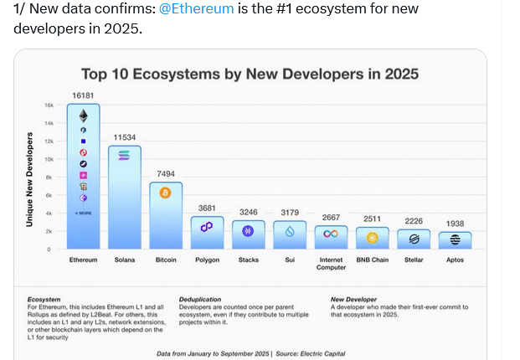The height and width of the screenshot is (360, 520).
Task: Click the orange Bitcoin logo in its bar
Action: pyautogui.click(x=165, y=193)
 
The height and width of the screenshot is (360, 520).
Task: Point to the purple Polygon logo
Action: pyautogui.click(x=206, y=226)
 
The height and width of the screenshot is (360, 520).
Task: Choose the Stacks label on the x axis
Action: pyautogui.click(x=247, y=260)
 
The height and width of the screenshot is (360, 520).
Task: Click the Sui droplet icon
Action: pyautogui.click(x=289, y=231)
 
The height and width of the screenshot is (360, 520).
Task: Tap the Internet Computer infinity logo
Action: pyautogui.click(x=331, y=234)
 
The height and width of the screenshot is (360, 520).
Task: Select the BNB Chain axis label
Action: pyautogui.click(x=372, y=260)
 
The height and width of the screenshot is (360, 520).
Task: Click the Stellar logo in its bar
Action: pyautogui.click(x=413, y=238)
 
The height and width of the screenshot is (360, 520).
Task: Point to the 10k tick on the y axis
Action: pyautogui.click(x=49, y=159)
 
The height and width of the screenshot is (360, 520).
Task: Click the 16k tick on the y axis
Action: pyautogui.click(x=49, y=105)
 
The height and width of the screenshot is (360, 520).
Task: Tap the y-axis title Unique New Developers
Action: pyautogui.click(x=29, y=179)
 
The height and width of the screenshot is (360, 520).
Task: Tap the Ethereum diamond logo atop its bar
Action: pyautogui.click(x=83, y=115)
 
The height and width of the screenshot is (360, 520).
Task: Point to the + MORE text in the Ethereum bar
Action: pyautogui.click(x=83, y=213)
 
